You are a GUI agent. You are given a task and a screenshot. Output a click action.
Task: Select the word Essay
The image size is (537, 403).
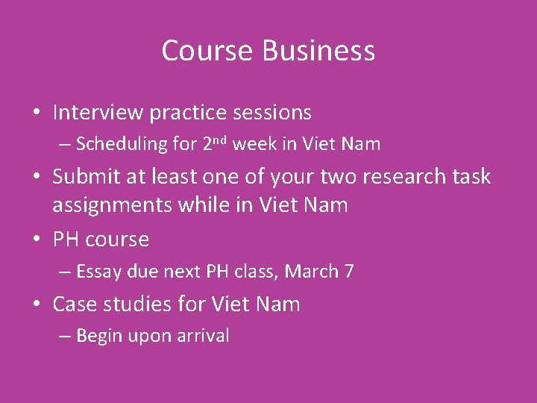coord(99,272)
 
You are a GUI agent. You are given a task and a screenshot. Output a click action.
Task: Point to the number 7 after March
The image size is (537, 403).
coord(349,272)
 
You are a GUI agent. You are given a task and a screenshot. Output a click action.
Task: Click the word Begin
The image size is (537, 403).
coord(98,337)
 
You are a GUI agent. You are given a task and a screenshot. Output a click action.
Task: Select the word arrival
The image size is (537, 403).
coord(203,337)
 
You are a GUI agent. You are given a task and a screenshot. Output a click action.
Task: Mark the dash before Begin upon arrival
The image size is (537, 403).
coord(64,337)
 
